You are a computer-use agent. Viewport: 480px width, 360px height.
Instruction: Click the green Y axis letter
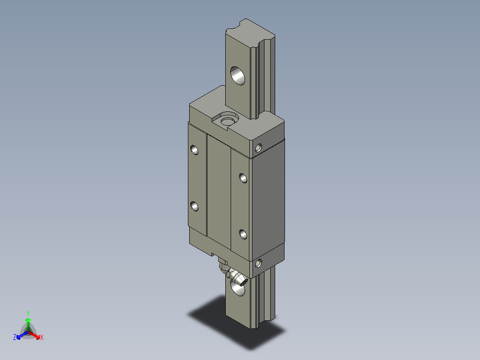pos(28,313)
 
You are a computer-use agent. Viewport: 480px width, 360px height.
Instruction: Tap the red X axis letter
pos(42,338)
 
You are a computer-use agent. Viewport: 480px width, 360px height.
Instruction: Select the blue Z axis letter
pos(15,338)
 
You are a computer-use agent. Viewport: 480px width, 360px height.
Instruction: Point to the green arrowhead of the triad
pos(28,320)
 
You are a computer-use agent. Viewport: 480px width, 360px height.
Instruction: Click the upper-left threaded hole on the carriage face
pos(194,150)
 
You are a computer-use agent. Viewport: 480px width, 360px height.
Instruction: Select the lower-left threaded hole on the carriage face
pos(194,206)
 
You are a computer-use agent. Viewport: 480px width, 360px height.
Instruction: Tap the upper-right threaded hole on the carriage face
pos(243,178)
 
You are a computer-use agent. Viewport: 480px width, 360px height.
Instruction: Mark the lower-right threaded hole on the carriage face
pos(243,234)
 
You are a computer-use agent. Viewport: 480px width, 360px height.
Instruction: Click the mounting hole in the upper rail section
pos(238,75)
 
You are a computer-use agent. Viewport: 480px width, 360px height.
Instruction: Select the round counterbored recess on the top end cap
pos(228,120)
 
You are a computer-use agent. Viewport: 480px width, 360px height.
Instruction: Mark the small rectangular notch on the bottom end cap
pos(216,256)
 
